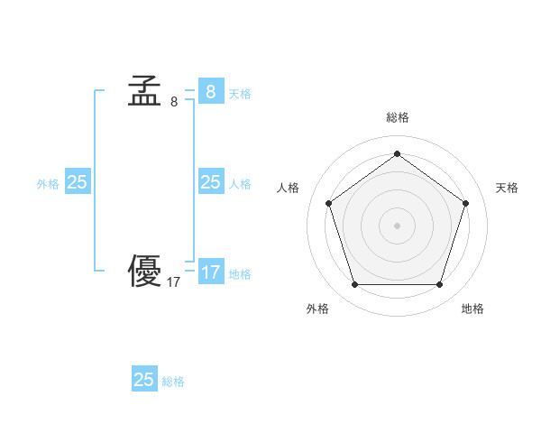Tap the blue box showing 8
click(210, 91)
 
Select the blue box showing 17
click(210, 272)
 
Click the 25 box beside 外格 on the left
click(78, 182)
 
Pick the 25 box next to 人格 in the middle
click(210, 182)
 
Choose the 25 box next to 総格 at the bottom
click(144, 380)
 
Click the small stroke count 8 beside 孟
click(174, 102)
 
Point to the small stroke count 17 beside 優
click(174, 282)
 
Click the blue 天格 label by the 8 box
click(240, 93)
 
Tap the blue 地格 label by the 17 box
click(240, 273)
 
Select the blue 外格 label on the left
click(48, 183)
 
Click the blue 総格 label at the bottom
click(173, 382)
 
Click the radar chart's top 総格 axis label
click(398, 117)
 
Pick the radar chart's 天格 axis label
click(507, 188)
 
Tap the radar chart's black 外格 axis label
click(317, 309)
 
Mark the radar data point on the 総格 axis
click(397, 153)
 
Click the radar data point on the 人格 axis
click(328, 203)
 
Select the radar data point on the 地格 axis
click(439, 285)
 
